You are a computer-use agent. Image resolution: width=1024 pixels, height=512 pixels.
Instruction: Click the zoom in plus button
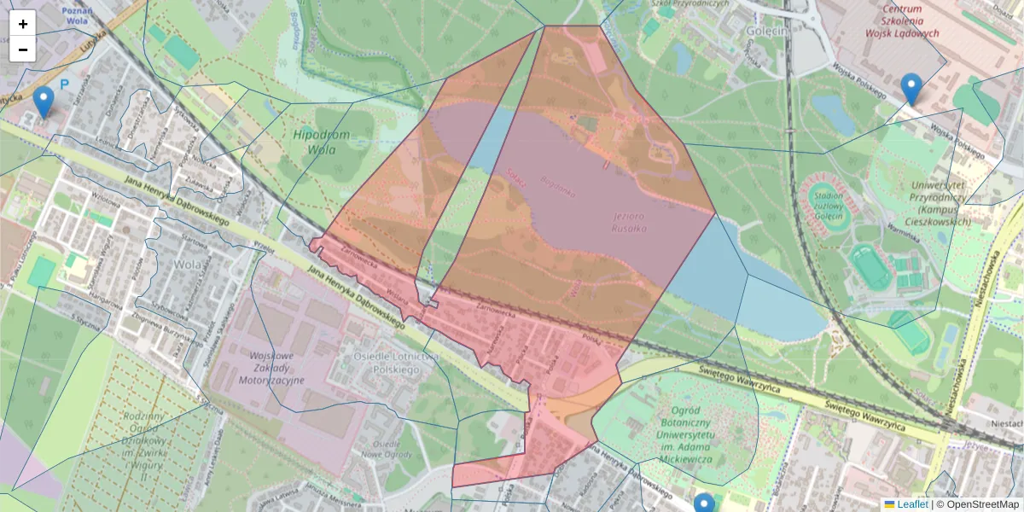click(23, 24)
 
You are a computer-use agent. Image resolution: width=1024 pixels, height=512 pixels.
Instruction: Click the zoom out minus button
click(23, 49)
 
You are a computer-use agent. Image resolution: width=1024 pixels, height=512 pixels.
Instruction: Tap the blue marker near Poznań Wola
click(43, 102)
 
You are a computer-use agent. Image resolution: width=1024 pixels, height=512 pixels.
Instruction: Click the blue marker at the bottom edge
click(704, 503)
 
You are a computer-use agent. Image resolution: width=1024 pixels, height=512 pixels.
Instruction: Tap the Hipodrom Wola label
click(321, 143)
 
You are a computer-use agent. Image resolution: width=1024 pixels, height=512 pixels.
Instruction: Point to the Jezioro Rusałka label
click(629, 222)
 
